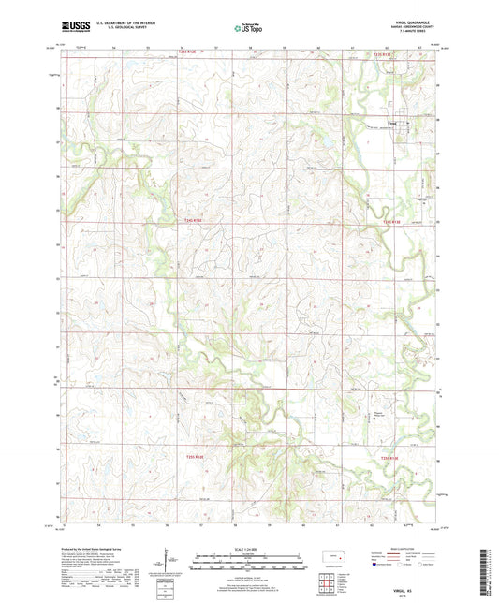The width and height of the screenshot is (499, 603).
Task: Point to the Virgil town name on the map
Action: [393, 120]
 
